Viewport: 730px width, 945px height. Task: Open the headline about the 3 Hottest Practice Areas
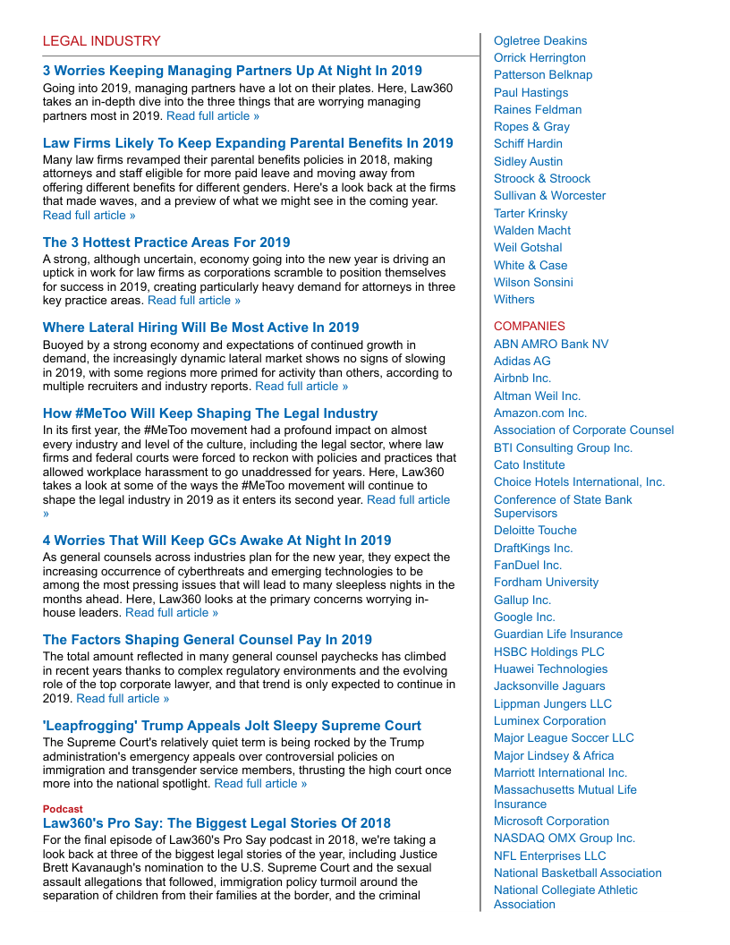click(x=166, y=243)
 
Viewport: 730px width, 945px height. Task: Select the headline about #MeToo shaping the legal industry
click(x=210, y=413)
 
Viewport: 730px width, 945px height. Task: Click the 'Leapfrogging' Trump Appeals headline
click(x=232, y=726)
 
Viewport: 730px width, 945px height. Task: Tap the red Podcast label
click(x=63, y=809)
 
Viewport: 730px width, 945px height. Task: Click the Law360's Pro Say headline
click(x=216, y=823)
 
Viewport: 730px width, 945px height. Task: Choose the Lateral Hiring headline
click(x=200, y=328)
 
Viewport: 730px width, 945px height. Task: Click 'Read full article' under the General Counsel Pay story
click(x=123, y=699)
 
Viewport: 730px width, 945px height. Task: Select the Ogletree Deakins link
click(x=540, y=41)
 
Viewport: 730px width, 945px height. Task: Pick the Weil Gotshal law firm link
click(x=528, y=248)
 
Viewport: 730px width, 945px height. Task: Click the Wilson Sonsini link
click(x=533, y=283)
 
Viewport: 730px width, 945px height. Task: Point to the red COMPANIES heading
click(x=530, y=327)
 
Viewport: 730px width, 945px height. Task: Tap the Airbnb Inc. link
click(x=522, y=379)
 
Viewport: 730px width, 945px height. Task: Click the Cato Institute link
click(x=530, y=465)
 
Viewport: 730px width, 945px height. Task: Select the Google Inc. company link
click(x=524, y=617)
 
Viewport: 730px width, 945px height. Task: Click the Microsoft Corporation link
click(x=551, y=822)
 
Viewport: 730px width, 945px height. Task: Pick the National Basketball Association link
click(x=578, y=873)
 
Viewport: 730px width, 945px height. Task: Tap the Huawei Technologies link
click(x=550, y=669)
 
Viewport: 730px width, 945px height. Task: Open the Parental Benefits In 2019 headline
click(x=248, y=143)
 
